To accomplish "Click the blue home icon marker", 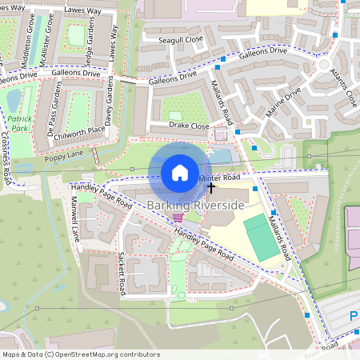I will (x=180, y=172).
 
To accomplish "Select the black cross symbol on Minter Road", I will (x=211, y=188).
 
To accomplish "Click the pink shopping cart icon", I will (x=178, y=217).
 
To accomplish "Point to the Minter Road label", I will (x=220, y=177).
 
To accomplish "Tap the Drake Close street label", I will (x=190, y=126).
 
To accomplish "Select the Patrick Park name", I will (x=15, y=123).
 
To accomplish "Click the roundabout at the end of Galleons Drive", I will (x=324, y=65).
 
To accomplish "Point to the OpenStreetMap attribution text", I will (x=80, y=354).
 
